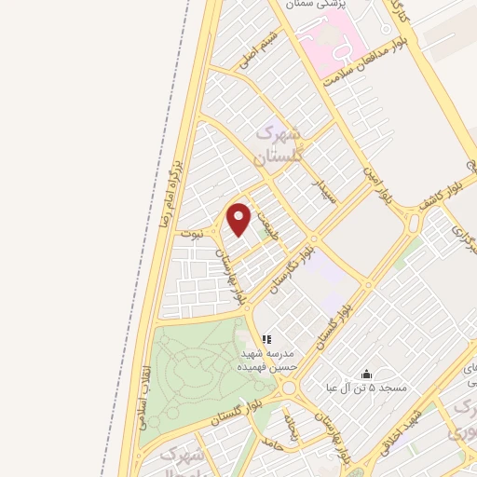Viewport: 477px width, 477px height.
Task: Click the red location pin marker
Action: coord(240,220)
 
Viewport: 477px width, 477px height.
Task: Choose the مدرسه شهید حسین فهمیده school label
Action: coord(268,361)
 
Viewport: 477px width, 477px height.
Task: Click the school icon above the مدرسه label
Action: coord(266,340)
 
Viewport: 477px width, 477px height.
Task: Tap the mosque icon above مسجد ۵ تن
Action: coord(366,374)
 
